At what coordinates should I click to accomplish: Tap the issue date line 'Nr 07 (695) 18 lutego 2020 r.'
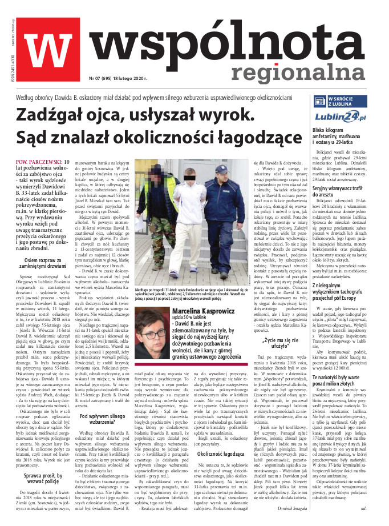click(118, 78)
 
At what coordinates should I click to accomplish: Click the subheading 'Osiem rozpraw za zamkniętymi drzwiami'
click(43, 263)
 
